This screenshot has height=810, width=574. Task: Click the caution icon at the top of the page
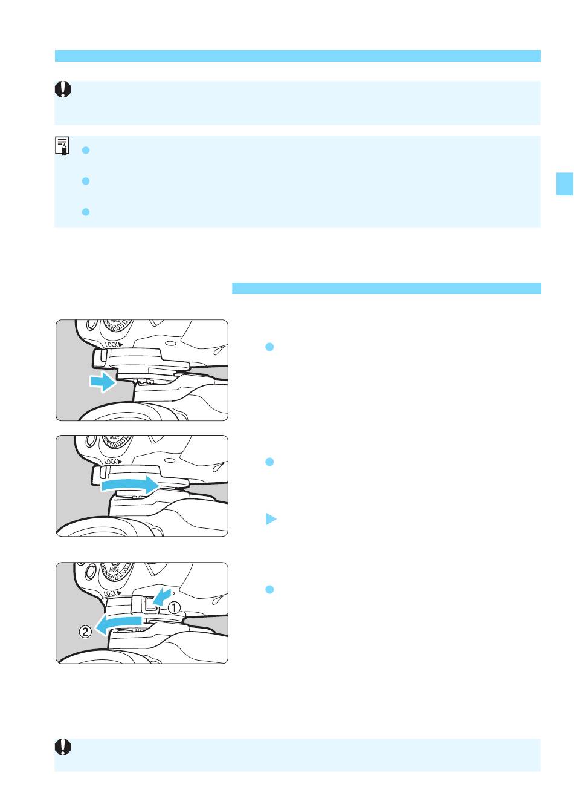coord(63,90)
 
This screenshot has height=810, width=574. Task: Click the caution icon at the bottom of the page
coord(63,746)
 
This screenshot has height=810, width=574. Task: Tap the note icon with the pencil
coord(62,146)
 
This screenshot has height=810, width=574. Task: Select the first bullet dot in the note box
coord(86,150)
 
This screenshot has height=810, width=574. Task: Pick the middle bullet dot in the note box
coord(86,181)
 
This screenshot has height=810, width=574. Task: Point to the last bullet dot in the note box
coord(86,212)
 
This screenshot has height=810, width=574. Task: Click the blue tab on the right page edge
coord(565,184)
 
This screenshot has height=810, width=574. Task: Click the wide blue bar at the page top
coord(298,56)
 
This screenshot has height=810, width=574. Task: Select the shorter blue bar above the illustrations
coord(387,288)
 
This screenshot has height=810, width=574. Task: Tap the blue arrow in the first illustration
coord(103,382)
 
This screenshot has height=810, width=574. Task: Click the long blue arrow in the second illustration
coord(130,485)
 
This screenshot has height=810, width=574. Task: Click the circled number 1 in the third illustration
coord(174,607)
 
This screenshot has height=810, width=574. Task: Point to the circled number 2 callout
coord(85,632)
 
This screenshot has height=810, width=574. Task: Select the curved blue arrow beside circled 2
coord(117,624)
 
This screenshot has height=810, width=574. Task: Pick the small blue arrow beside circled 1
coord(161,596)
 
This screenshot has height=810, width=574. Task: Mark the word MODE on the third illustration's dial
coord(115,569)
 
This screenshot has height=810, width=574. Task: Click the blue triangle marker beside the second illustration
coord(271,519)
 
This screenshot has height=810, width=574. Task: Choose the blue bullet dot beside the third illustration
coord(269,589)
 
